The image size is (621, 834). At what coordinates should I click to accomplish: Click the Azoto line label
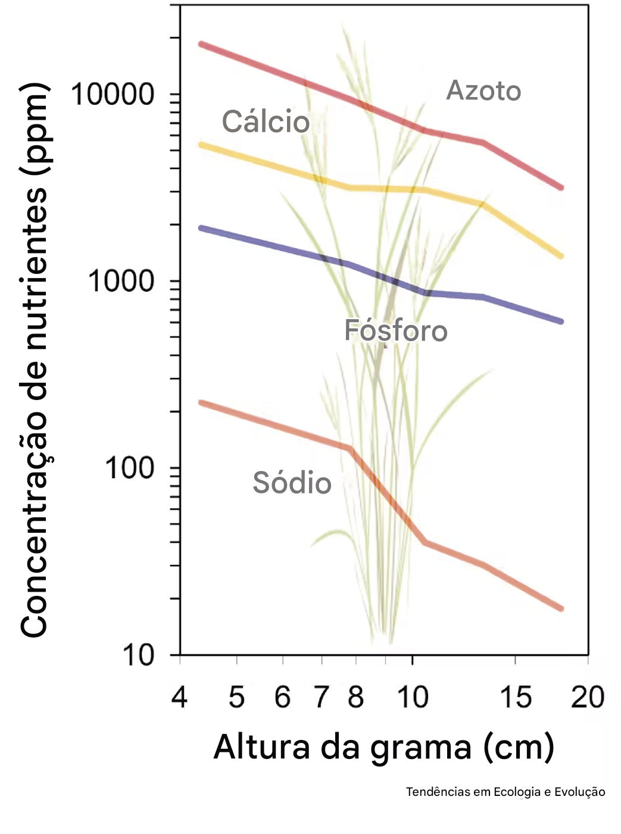[483, 91]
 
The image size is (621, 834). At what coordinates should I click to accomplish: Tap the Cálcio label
[266, 122]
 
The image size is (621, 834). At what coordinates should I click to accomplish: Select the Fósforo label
[396, 331]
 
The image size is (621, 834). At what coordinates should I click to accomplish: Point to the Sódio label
[292, 482]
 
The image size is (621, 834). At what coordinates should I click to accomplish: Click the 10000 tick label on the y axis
[113, 95]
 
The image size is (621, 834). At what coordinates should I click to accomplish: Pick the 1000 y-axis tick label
[121, 281]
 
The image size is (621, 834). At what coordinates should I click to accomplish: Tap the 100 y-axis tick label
[129, 468]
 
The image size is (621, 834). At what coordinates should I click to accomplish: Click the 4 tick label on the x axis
[179, 697]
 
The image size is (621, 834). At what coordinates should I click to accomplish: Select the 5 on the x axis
[236, 697]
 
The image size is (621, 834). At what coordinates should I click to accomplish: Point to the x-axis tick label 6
[282, 697]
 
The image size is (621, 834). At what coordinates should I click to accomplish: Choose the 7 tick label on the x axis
[322, 697]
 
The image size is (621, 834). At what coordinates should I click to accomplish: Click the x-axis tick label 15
[515, 697]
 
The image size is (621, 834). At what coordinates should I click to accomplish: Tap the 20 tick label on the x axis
[587, 697]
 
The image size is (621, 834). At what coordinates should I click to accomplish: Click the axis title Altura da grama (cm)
[383, 747]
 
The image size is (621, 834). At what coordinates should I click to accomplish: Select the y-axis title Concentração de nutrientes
[35, 360]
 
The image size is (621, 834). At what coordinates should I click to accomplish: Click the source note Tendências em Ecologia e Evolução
[505, 792]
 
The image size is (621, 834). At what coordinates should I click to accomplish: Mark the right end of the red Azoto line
[561, 188]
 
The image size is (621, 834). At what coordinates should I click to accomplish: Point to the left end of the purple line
[201, 228]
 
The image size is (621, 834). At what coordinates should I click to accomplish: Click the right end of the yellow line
[561, 257]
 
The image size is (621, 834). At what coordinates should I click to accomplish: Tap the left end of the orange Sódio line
[201, 403]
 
